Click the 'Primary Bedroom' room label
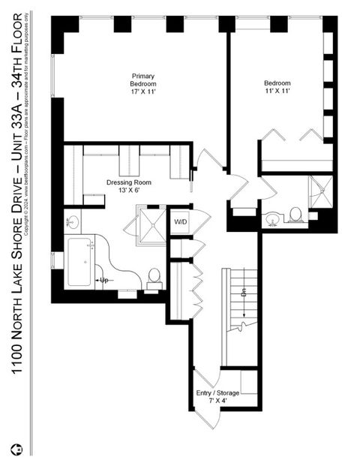[x=143, y=80]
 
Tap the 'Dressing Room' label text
[x=129, y=182]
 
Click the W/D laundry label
[x=181, y=222]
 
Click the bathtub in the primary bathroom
[x=80, y=262]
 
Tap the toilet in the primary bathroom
[x=154, y=278]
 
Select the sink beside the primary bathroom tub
[x=73, y=223]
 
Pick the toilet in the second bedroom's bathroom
[x=296, y=216]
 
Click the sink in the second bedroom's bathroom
[x=273, y=218]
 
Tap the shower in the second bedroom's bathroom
[x=320, y=193]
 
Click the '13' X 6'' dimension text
[x=128, y=191]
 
